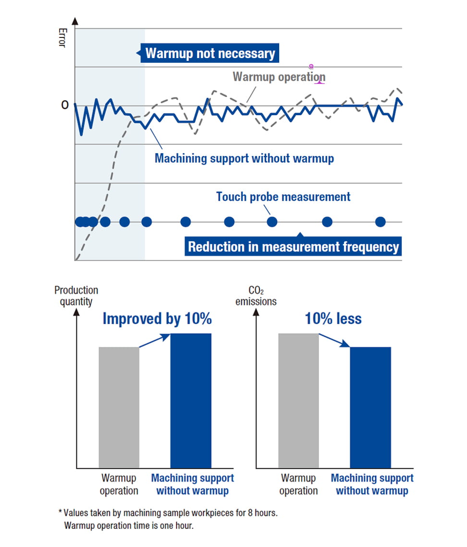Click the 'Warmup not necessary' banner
click(210, 53)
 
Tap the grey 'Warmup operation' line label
click(279, 77)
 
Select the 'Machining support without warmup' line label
click(244, 158)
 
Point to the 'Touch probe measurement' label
click(283, 196)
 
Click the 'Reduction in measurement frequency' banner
click(293, 247)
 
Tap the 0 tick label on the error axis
click(64, 105)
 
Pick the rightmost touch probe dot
click(380, 222)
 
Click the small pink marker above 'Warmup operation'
click(311, 66)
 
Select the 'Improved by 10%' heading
click(157, 319)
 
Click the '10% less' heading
click(333, 319)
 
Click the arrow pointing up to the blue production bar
click(155, 340)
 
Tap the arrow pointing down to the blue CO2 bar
click(334, 340)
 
